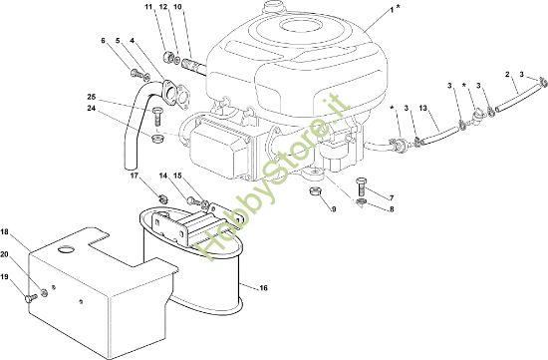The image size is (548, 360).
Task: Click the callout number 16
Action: [x=263, y=288]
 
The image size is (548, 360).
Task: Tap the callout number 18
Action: [x=4, y=232]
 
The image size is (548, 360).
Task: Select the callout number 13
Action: [x=423, y=109]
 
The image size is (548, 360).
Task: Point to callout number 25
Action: [x=92, y=97]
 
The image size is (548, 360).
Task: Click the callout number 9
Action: [x=334, y=209]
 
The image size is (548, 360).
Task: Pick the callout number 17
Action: [x=135, y=176]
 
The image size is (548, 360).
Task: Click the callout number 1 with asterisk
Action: [x=395, y=10]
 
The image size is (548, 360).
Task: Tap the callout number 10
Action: [x=177, y=7]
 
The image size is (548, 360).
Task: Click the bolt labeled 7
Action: [x=362, y=187]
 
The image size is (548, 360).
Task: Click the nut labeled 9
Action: [x=315, y=192]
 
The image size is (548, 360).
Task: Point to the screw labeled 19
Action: [x=31, y=298]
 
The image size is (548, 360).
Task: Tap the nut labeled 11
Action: [x=168, y=57]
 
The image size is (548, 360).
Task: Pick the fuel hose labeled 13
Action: [x=439, y=136]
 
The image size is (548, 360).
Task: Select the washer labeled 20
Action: [x=45, y=292]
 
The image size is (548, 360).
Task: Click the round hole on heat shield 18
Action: [x=66, y=249]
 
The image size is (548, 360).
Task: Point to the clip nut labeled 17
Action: [x=163, y=199]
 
